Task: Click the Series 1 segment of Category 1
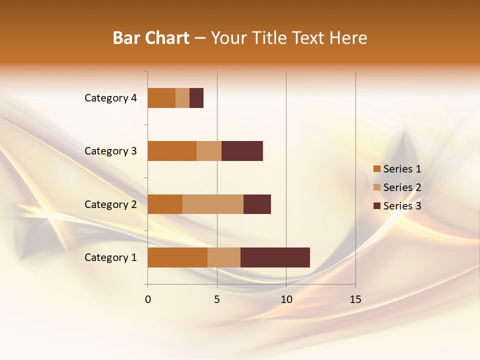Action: pos(177,257)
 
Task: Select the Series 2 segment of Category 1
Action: pos(224,257)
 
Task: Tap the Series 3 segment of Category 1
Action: pos(275,257)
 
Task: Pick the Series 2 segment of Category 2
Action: pos(213,204)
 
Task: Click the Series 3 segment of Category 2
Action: pos(257,204)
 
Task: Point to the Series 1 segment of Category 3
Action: pos(172,151)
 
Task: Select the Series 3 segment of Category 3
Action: pos(242,151)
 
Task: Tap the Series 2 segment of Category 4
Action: pos(182,98)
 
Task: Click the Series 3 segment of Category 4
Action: pos(196,98)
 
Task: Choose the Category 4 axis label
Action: pos(110,98)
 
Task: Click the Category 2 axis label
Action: pos(110,204)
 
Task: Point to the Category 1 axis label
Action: pos(110,257)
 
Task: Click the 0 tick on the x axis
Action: pos(148,299)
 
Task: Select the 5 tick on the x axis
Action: pos(217,299)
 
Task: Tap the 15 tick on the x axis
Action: pos(355,299)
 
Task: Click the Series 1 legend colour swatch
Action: pos(377,169)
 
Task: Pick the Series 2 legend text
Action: pos(402,187)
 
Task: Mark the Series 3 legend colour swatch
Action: pos(377,206)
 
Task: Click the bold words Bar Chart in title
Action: pos(151,38)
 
